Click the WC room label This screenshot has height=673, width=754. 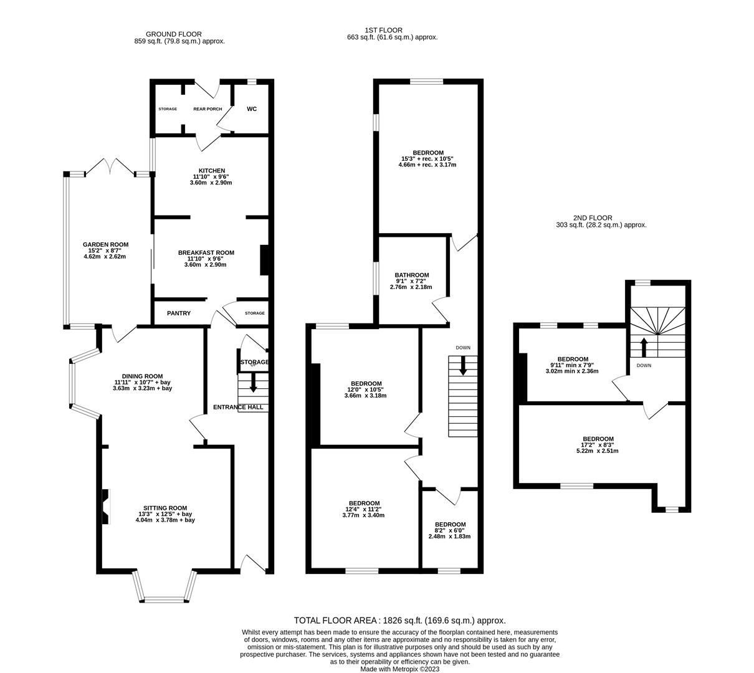tap(252, 109)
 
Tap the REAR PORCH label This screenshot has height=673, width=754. tap(208, 109)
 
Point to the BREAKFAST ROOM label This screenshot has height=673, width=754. tap(206, 252)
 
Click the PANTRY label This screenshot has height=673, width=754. tap(179, 313)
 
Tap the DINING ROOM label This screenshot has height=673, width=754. tap(142, 376)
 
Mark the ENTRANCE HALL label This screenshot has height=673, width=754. tap(238, 408)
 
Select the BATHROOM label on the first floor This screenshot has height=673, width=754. tap(411, 275)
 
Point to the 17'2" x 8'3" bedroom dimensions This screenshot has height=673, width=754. tap(597, 445)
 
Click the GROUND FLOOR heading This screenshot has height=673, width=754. tap(173, 34)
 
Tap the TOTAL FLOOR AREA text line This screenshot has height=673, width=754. tap(399, 621)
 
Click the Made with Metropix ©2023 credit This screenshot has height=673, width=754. tap(400, 669)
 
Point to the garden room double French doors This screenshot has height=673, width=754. tap(110, 166)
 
